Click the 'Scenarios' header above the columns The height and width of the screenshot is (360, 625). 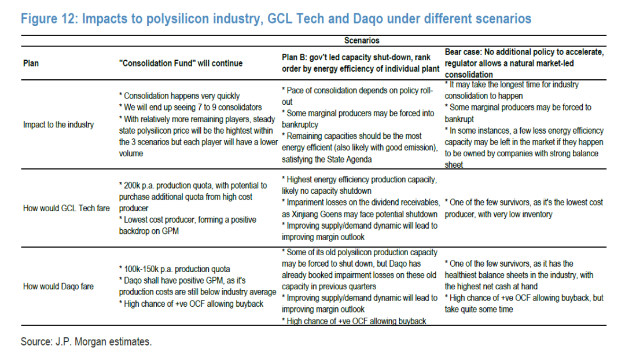point(362,41)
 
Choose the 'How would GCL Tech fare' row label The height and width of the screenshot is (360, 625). point(67,208)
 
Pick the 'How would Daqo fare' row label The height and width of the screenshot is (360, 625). point(58,286)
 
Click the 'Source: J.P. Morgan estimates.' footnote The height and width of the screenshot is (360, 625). point(86,341)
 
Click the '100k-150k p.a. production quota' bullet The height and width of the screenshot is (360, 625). point(177,269)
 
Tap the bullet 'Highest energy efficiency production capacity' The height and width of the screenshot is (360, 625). point(362,179)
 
